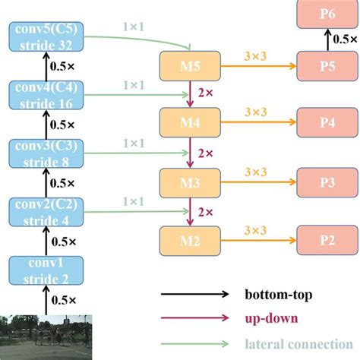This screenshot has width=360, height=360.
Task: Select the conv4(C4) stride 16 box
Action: click(x=46, y=97)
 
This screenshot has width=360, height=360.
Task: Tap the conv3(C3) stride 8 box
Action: click(x=46, y=154)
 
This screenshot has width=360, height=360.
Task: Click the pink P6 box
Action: click(x=327, y=14)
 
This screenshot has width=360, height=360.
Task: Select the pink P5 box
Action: click(x=327, y=67)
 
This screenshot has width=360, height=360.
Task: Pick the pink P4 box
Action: click(x=327, y=122)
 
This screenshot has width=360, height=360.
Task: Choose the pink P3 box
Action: click(x=327, y=183)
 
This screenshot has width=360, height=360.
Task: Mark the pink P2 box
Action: click(x=327, y=241)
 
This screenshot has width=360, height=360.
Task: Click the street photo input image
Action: click(x=46, y=336)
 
